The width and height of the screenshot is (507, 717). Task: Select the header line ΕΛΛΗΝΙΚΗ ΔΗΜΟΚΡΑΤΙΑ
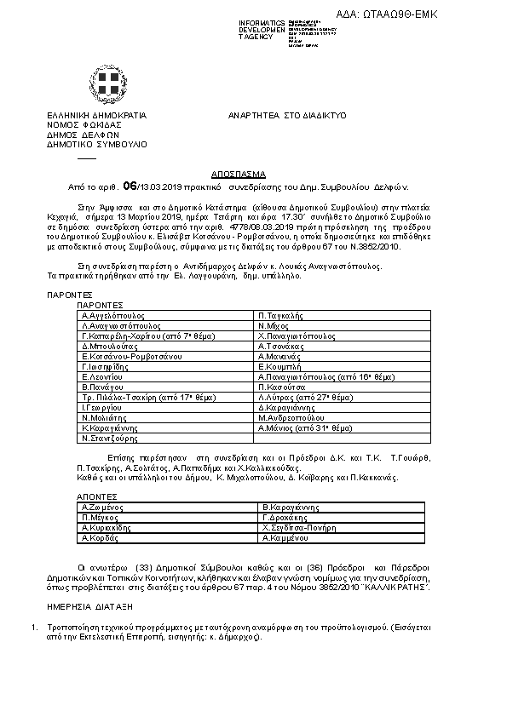(x=96, y=114)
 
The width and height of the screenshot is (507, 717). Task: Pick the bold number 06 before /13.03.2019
(x=130, y=184)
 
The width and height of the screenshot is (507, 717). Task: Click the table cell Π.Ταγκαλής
(x=280, y=315)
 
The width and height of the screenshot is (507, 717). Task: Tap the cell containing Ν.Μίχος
(x=272, y=325)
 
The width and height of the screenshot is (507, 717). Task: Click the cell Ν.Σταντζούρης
(x=107, y=439)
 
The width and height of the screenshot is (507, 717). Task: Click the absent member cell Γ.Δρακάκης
(x=286, y=518)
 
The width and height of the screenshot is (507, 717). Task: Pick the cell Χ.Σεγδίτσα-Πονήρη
(x=302, y=527)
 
